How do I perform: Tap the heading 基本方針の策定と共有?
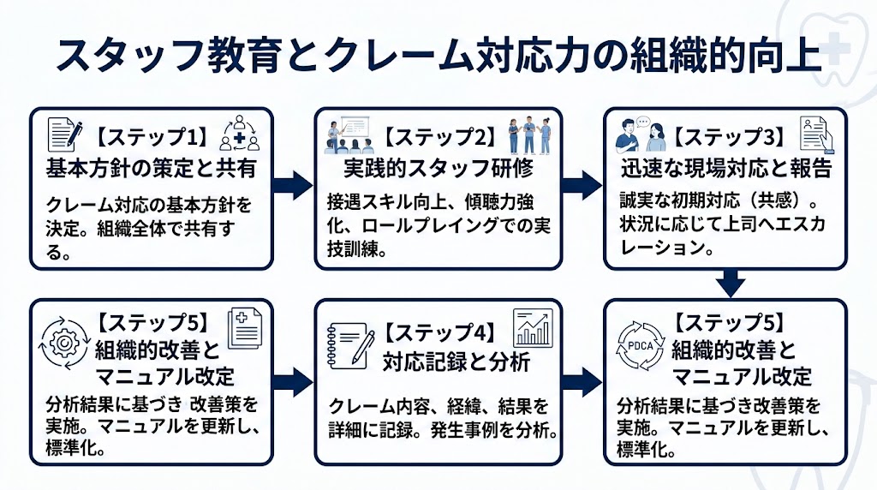coord(151,168)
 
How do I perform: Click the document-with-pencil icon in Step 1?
coord(65,134)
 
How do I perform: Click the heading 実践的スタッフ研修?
coord(438,168)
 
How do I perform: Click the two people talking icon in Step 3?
coord(640,134)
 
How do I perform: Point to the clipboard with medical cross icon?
coord(243,328)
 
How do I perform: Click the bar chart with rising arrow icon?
coord(532,326)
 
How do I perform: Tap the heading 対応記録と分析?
coord(444,362)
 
